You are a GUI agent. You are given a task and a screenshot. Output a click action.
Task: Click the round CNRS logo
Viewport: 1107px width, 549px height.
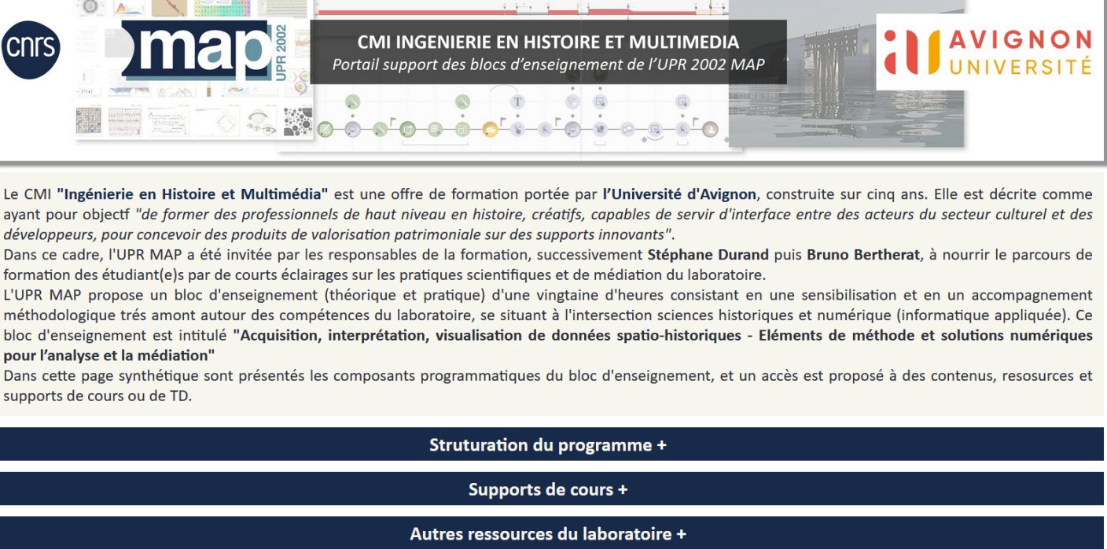pyautogui.click(x=31, y=50)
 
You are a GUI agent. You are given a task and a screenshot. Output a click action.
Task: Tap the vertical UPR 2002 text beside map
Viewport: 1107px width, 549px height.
pyautogui.click(x=280, y=53)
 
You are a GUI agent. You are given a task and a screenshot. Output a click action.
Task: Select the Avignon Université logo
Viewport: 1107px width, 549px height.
pyautogui.click(x=988, y=52)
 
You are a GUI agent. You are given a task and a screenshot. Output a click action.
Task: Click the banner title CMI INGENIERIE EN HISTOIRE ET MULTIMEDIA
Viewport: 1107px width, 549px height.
pyautogui.click(x=548, y=42)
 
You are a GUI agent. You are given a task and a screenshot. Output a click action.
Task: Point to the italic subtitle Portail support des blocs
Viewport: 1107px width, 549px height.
pyautogui.click(x=548, y=64)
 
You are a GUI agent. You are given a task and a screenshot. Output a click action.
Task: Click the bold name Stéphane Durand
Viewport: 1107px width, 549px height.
pyautogui.click(x=708, y=255)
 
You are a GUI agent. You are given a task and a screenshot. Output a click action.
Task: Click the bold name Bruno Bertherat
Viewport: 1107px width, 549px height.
pyautogui.click(x=863, y=255)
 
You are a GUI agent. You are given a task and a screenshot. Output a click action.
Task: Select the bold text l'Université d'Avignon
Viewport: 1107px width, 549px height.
pyautogui.click(x=679, y=194)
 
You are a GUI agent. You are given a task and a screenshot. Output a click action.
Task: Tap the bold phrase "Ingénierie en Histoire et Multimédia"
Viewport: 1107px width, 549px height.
pyautogui.click(x=193, y=194)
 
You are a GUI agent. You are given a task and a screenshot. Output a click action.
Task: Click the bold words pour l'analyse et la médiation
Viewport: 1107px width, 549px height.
pyautogui.click(x=109, y=356)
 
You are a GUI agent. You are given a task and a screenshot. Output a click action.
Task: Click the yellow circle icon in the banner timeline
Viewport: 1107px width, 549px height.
pyautogui.click(x=490, y=130)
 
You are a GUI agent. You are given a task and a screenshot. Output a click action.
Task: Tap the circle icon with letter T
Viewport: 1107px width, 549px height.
pyautogui.click(x=517, y=102)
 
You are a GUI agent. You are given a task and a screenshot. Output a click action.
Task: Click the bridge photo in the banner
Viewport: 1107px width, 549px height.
pyautogui.click(x=846, y=74)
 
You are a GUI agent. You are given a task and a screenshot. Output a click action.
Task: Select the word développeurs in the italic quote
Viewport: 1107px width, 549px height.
pyautogui.click(x=49, y=234)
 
